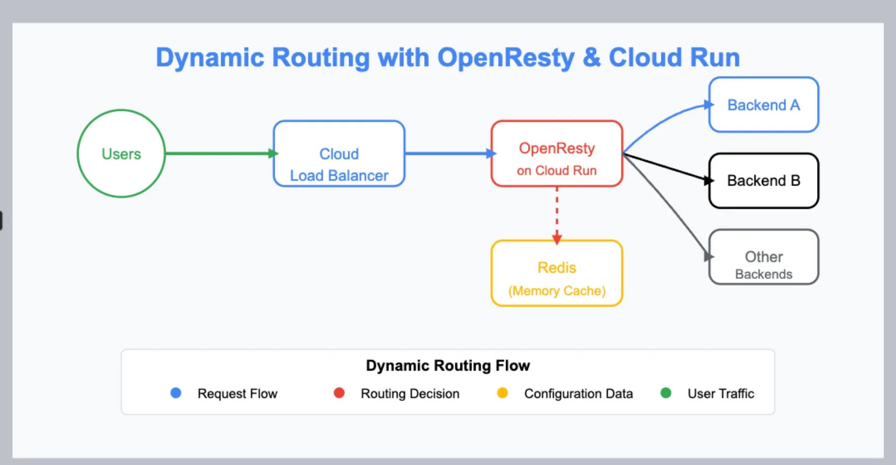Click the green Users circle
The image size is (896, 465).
pos(121,153)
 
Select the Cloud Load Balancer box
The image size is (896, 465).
pos(339,154)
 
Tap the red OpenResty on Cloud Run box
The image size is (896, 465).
pos(556,154)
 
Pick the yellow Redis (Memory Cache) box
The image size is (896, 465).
pos(556,273)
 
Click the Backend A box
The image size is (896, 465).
pos(763,105)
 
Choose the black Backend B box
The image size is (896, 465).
pos(763,180)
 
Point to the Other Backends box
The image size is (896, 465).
pos(763,257)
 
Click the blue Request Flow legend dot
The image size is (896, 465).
pos(176,393)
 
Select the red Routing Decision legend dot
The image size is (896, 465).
pos(339,393)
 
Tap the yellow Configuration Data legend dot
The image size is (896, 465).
pos(502,393)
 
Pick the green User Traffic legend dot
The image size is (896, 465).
pos(666,393)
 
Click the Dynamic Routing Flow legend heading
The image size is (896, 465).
pos(447,365)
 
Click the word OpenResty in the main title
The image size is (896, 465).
pos(506,58)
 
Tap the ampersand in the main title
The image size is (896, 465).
pos(591,58)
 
